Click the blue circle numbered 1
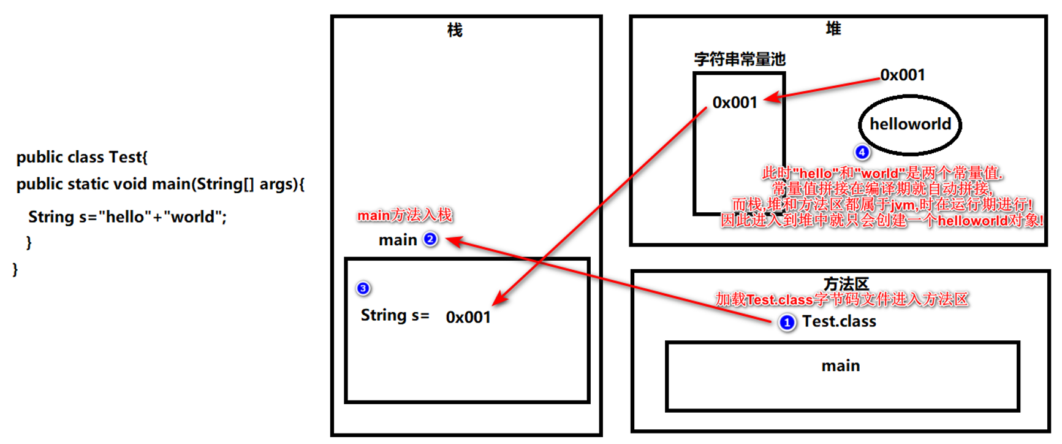tap(787, 323)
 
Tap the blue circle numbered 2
tap(431, 239)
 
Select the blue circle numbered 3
tap(363, 288)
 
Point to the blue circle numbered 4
tap(862, 152)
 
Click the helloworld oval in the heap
tap(910, 124)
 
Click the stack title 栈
tap(455, 30)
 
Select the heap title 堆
tap(833, 28)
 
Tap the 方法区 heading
tap(846, 284)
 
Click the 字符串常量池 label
tap(740, 59)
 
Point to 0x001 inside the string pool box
tap(735, 102)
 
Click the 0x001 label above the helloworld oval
tap(903, 75)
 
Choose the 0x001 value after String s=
tap(468, 317)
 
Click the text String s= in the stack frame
tap(395, 315)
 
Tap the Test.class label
tap(839, 321)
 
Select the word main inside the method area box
tap(841, 366)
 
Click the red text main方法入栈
tap(404, 215)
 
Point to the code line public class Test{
tap(82, 157)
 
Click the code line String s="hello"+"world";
tap(127, 217)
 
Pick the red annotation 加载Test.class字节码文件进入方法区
tap(841, 299)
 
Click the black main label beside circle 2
tap(398, 240)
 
